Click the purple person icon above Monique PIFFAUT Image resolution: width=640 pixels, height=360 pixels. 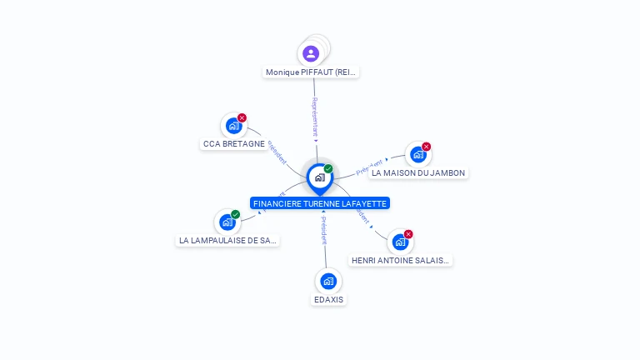311,54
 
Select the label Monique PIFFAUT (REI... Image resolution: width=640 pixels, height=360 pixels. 311,72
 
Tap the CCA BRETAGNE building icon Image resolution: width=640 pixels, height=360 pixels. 233,126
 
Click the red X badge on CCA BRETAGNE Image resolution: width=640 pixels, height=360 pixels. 242,118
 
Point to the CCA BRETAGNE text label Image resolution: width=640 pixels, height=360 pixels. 233,144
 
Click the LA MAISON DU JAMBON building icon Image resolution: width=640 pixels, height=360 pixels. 417,154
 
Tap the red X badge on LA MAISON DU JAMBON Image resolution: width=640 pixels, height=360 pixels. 426,147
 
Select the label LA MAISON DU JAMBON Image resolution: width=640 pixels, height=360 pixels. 418,173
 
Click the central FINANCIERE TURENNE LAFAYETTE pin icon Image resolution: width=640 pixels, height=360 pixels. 319,177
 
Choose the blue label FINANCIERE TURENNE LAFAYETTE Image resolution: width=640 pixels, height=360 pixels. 321,203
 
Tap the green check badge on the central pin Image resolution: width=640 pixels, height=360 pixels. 328,169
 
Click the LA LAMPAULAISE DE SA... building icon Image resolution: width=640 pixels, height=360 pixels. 227,222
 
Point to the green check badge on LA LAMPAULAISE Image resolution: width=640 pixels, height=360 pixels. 235,215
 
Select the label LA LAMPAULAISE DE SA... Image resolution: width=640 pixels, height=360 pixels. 227,241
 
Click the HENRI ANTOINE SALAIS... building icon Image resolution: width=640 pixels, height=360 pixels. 400,242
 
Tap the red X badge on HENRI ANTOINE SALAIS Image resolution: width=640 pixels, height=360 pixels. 408,234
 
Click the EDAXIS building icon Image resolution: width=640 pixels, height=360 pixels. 328,281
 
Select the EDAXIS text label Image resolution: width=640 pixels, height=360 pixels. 328,300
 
